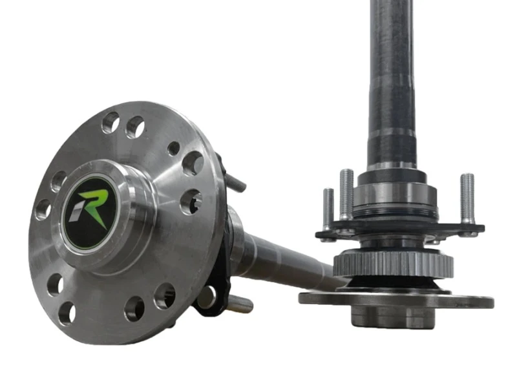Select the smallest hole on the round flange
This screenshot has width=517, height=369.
[x=174, y=148]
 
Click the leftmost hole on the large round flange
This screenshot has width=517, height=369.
[x=43, y=209]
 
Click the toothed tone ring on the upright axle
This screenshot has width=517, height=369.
[x=393, y=264]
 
